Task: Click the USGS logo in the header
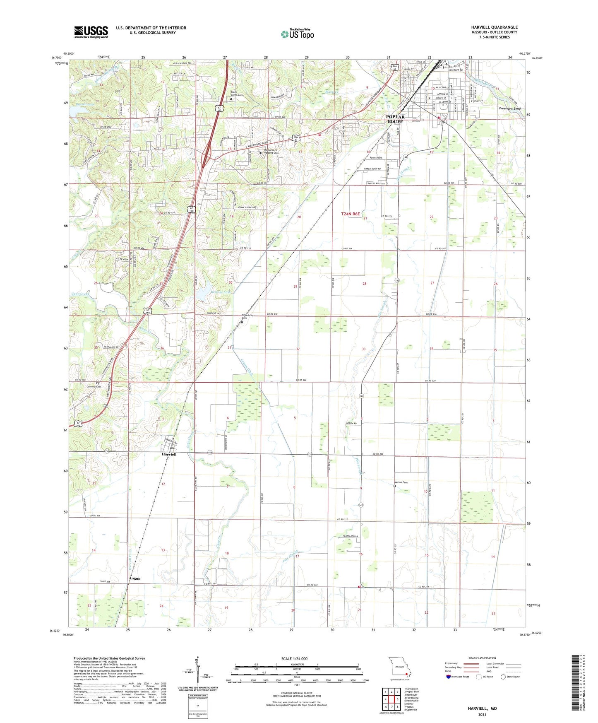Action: tap(91, 32)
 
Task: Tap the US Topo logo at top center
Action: tap(298, 34)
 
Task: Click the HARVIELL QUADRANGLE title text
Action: tap(494, 27)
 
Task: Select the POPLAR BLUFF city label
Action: tap(395, 119)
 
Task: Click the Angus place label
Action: tap(134, 578)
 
